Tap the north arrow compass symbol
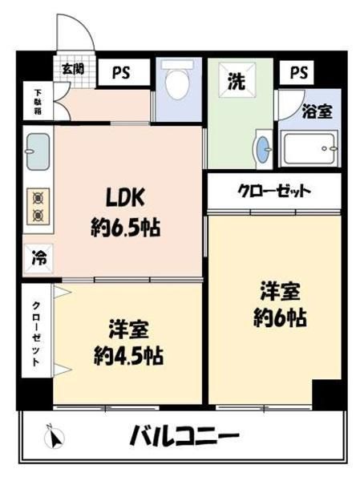click(55, 437)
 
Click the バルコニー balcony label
click(185, 435)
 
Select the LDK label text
click(125, 198)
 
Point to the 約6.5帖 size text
click(126, 228)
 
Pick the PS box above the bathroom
click(297, 72)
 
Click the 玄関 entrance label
click(73, 69)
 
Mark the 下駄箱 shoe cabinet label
click(38, 102)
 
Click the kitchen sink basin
click(38, 152)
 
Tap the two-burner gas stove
click(38, 206)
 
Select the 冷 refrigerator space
click(39, 258)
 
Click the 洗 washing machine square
click(237, 80)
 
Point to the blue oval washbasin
click(263, 150)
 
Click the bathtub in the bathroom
click(309, 149)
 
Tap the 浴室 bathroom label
click(317, 111)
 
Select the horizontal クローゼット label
click(275, 191)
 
